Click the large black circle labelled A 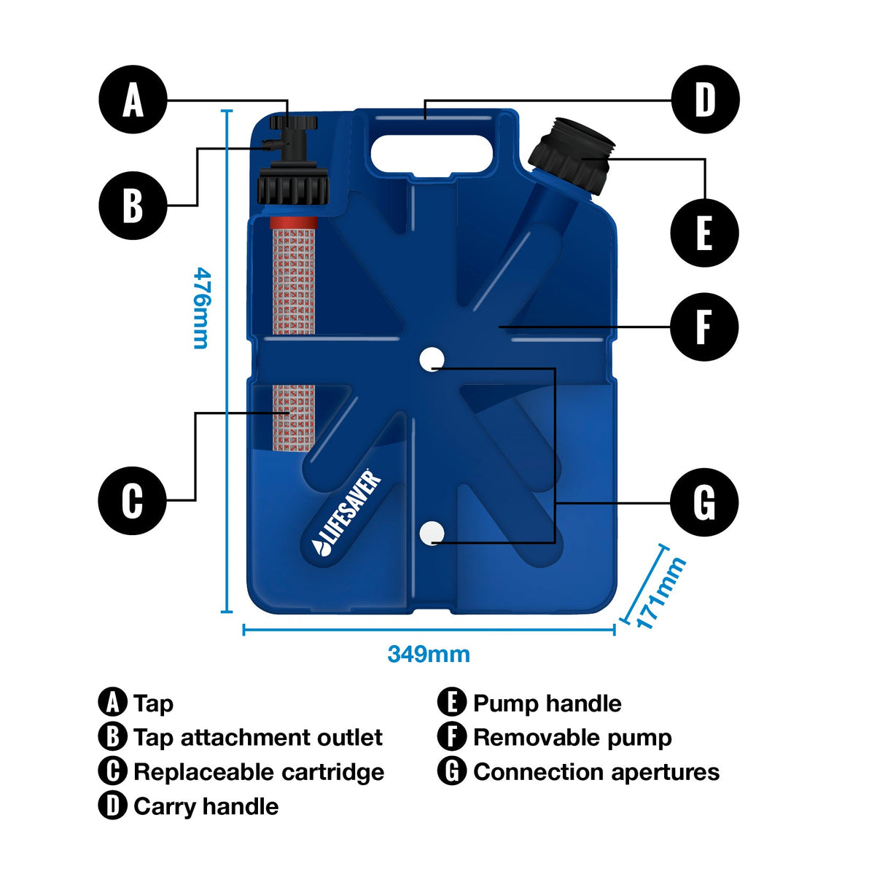(133, 100)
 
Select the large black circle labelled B (133, 206)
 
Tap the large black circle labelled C (132, 501)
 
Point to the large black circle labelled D (705, 100)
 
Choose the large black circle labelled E (704, 233)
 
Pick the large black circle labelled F (704, 327)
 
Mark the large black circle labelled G (704, 503)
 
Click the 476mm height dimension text (202, 308)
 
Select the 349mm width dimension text (429, 654)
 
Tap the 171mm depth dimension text (661, 593)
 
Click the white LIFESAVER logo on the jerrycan (347, 513)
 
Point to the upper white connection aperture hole (432, 359)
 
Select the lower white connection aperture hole (432, 533)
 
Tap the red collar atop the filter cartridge (294, 222)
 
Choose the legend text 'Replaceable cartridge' (259, 772)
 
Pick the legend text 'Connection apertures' (596, 772)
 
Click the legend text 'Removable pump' (572, 738)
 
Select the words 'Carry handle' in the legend (206, 806)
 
